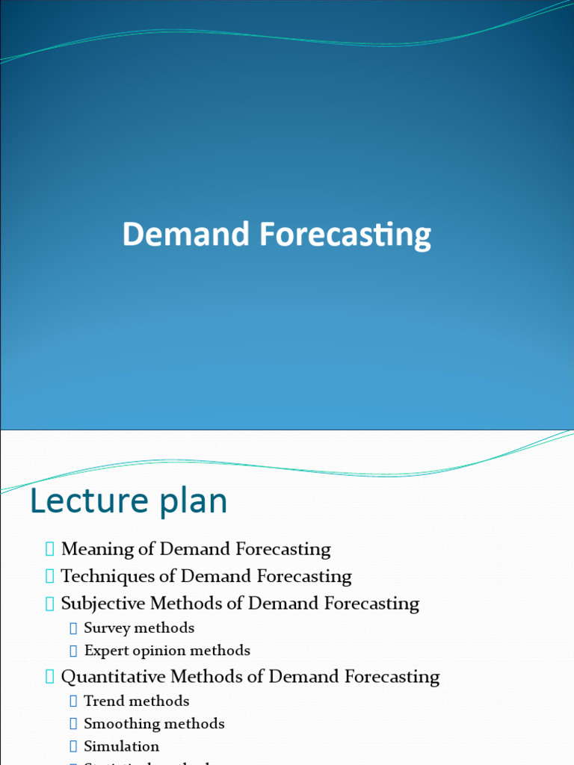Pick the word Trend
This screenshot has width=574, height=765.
[104, 701]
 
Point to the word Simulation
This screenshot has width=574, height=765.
[121, 746]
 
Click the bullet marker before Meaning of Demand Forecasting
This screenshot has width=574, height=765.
[49, 550]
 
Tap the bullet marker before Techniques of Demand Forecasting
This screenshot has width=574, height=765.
[49, 577]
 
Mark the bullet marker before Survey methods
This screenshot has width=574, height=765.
[73, 628]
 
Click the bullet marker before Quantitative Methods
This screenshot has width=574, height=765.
[49, 677]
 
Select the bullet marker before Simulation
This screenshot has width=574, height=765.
[73, 746]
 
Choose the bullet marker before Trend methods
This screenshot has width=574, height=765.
[73, 701]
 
